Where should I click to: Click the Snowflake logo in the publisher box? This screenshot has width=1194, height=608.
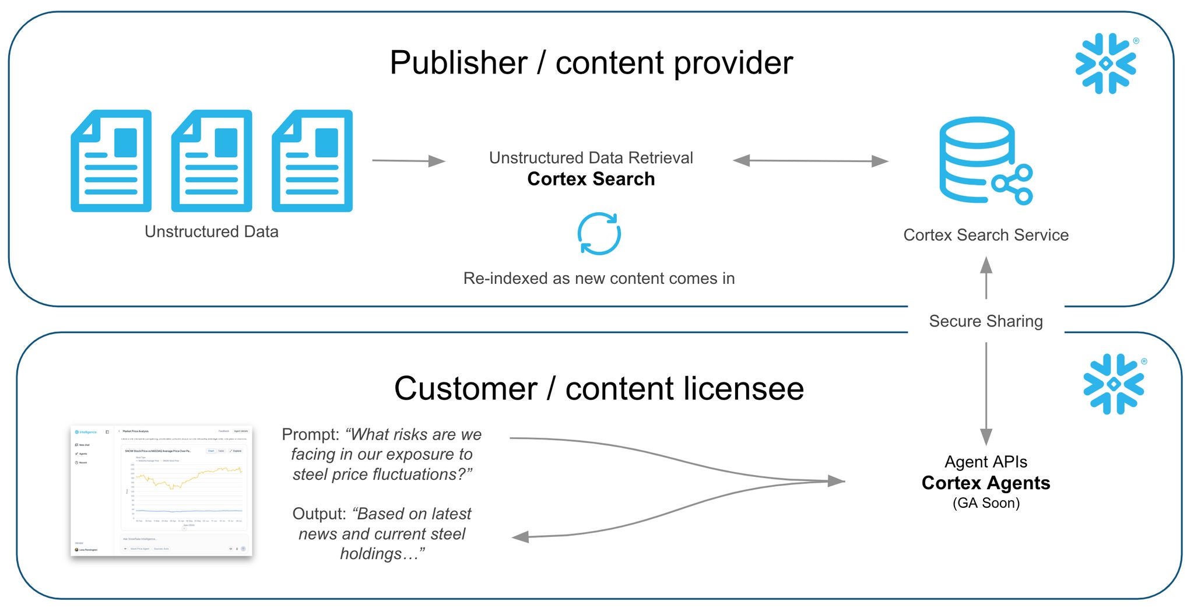[1106, 64]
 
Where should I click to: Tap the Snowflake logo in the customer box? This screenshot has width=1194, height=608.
[1114, 384]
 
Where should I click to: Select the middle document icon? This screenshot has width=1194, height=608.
[212, 161]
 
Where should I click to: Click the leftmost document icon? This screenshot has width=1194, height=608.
[111, 161]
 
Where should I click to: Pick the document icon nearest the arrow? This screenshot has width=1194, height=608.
[312, 161]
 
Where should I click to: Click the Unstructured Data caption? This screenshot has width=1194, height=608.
[211, 231]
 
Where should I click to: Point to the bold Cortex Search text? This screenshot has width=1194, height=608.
[591, 179]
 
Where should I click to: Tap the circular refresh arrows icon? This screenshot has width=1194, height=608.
[599, 234]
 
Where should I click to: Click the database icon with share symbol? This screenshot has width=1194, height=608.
[985, 160]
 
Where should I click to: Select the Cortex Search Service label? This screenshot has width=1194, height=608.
[985, 235]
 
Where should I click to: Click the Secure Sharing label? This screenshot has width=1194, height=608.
[985, 321]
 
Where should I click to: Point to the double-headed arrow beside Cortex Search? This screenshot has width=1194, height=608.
[810, 160]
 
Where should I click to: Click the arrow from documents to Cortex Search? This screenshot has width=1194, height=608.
[408, 160]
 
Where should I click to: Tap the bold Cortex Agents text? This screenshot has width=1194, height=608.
[985, 483]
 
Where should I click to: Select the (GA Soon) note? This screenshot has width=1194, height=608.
[985, 503]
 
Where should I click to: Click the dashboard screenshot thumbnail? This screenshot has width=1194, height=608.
[161, 490]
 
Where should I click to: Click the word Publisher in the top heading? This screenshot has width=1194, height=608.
[458, 63]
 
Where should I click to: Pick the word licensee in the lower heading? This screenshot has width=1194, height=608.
[743, 389]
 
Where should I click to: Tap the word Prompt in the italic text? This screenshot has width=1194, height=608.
[309, 434]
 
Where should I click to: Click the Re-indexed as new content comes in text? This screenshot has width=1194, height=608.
[599, 279]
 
